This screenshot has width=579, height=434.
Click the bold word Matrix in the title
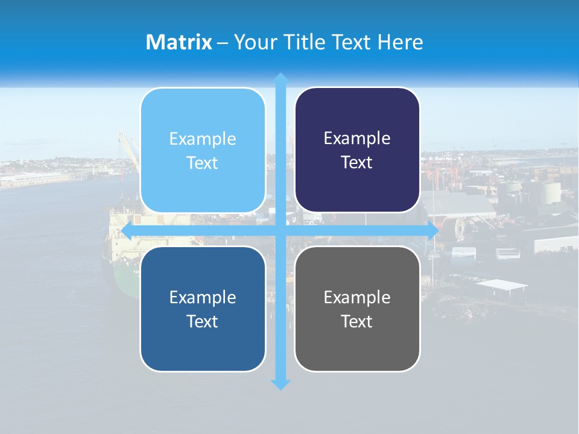tap(179, 42)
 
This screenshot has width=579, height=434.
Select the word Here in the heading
tap(400, 42)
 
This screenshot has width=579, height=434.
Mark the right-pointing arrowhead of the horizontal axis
tap(433, 231)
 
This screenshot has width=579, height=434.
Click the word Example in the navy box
tap(357, 139)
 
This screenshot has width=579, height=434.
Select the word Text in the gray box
tap(357, 321)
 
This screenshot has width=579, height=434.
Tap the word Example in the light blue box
tap(203, 139)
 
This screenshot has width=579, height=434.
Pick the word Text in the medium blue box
tap(203, 321)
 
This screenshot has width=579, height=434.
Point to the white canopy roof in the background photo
tap(501, 285)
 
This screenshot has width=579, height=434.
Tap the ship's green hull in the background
tap(121, 280)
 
